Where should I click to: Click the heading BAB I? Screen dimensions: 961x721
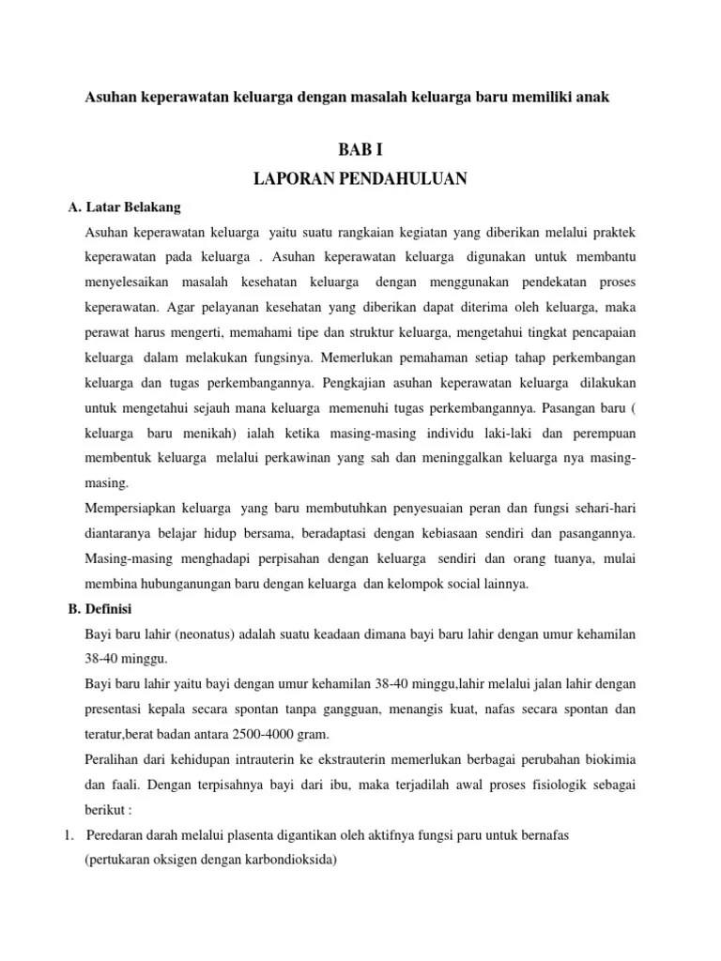(360, 149)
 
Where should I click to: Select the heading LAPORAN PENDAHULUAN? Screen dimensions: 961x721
(360, 178)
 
